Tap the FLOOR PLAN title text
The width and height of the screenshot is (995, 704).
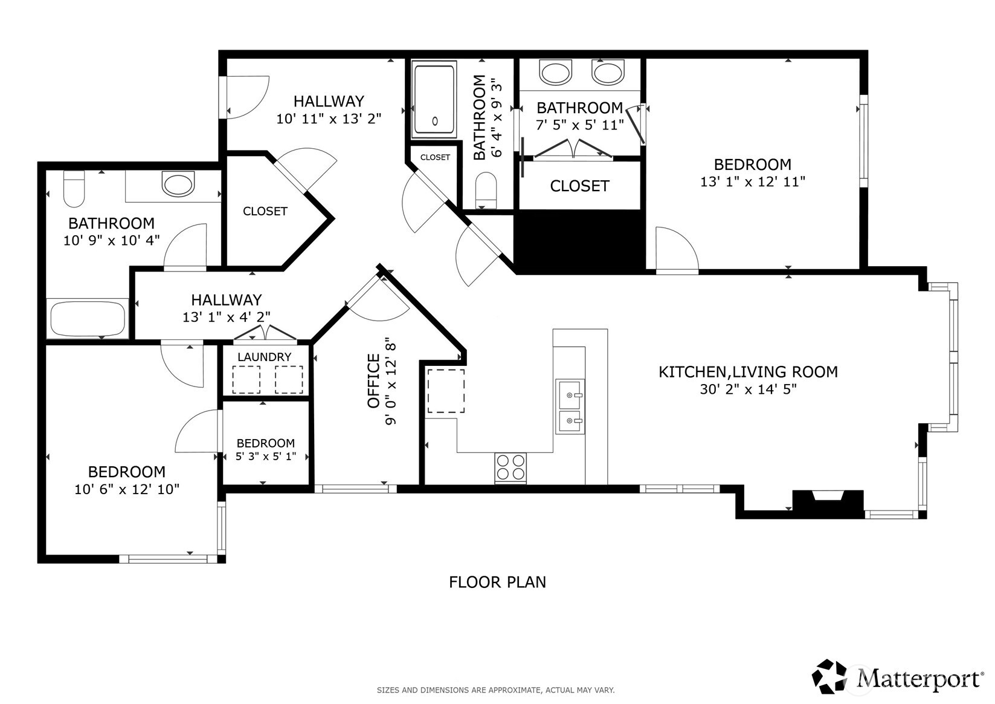click(x=497, y=582)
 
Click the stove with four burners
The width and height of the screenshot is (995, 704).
click(x=510, y=467)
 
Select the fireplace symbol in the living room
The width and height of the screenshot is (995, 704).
click(x=828, y=503)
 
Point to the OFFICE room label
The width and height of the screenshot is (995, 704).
click(x=374, y=381)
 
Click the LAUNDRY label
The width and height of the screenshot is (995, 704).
click(x=264, y=357)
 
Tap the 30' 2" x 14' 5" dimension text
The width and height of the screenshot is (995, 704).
click(x=748, y=389)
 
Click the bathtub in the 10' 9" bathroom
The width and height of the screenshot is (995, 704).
click(x=88, y=319)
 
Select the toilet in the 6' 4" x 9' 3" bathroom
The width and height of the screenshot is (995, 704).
click(x=486, y=189)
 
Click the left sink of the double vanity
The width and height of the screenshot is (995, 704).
click(x=556, y=73)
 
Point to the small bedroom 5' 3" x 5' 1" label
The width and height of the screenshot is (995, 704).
click(x=266, y=449)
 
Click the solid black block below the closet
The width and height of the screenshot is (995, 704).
click(x=579, y=240)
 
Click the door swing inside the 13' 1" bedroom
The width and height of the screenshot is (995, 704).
click(x=675, y=249)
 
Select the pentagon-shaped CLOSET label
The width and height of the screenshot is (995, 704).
click(x=265, y=211)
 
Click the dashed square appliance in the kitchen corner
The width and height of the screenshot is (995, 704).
click(x=446, y=390)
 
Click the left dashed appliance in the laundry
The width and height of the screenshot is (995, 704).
click(x=246, y=380)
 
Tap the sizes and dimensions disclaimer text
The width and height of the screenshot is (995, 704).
click(x=495, y=689)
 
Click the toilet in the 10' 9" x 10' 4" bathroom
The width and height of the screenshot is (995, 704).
click(x=74, y=187)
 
